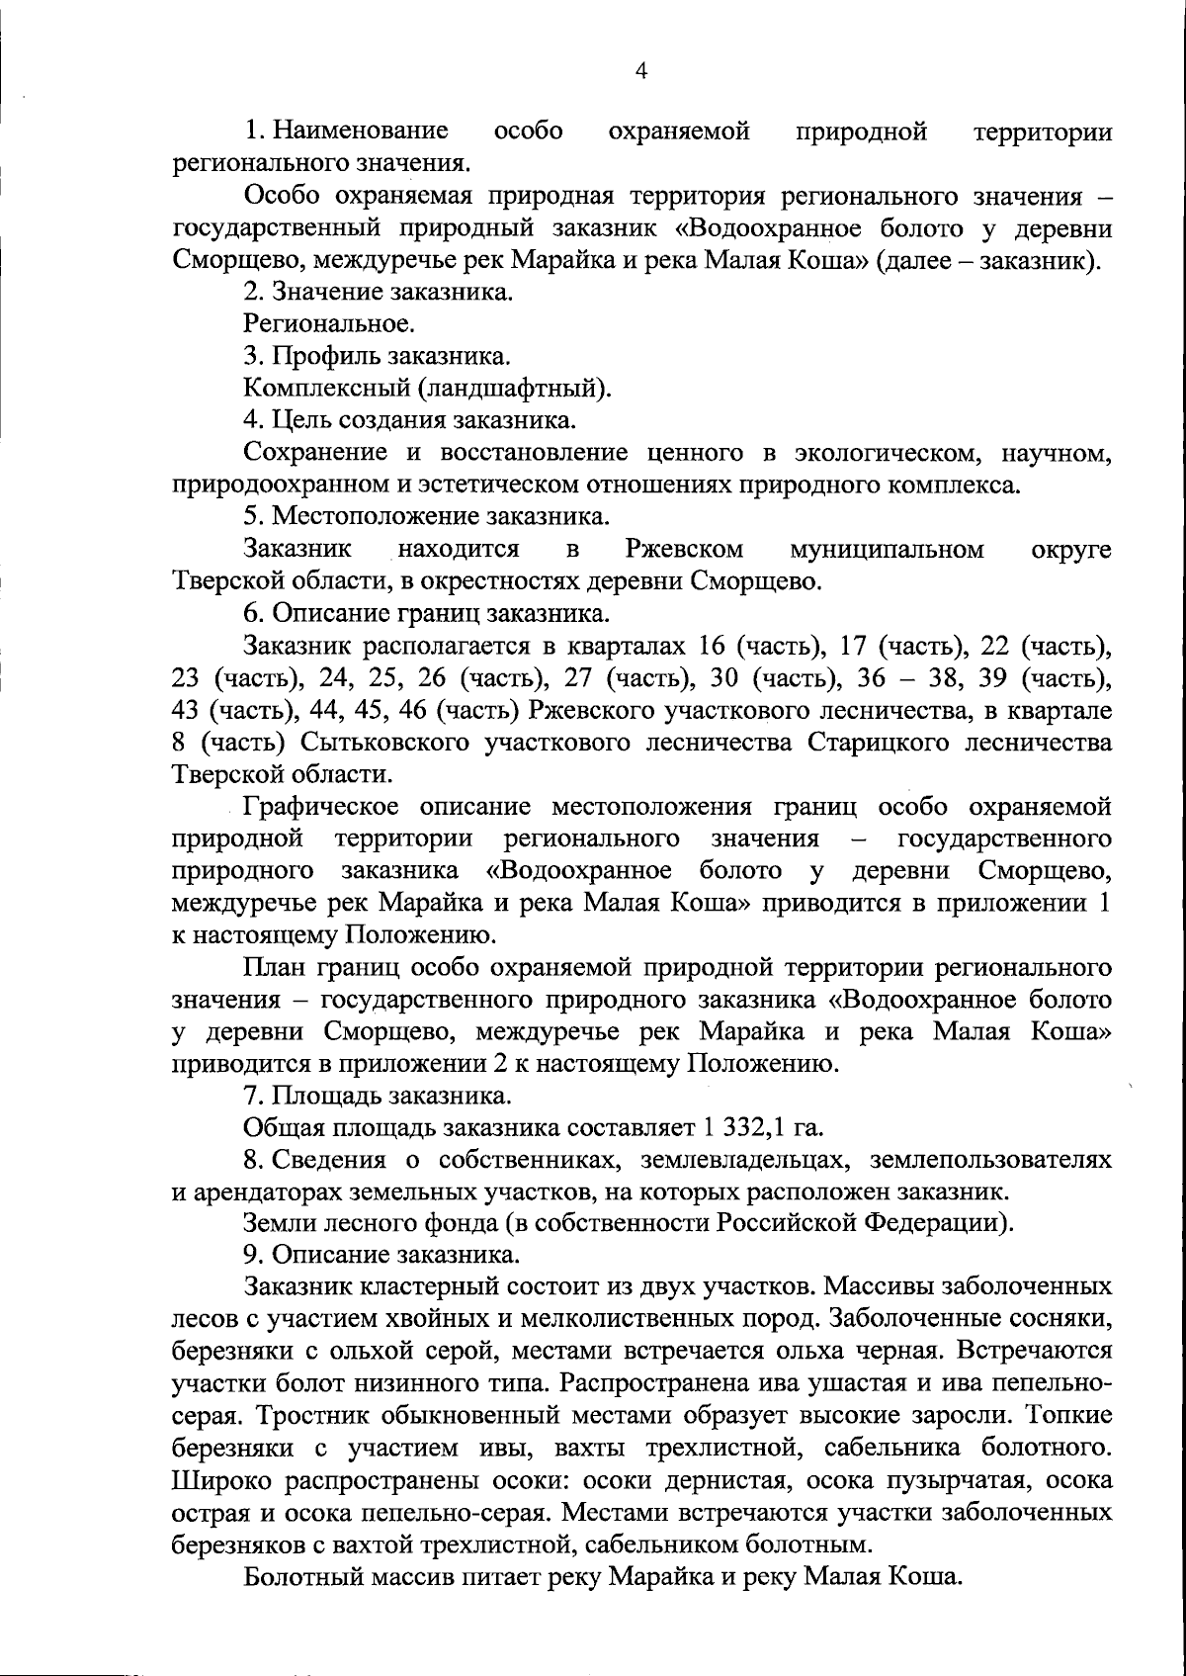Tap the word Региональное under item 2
click(327, 324)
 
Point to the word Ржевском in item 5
click(684, 549)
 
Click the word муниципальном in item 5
click(887, 549)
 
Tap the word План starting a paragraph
click(273, 968)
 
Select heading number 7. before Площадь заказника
click(253, 1096)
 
